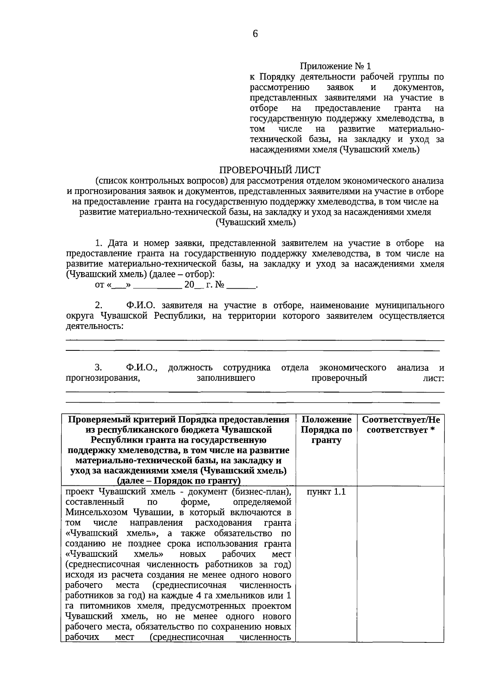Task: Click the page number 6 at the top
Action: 255,34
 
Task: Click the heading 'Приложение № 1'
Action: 336,66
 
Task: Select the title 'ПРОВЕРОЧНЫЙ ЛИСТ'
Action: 270,170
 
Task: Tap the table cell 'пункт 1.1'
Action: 326,492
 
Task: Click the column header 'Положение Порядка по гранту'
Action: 326,430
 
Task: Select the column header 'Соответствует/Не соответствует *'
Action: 401,425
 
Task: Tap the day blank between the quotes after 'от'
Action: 119,285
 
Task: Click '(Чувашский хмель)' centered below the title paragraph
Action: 255,222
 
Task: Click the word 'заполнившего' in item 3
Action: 226,378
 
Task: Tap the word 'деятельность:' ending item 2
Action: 95,326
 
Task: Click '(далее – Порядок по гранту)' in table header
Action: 179,481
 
